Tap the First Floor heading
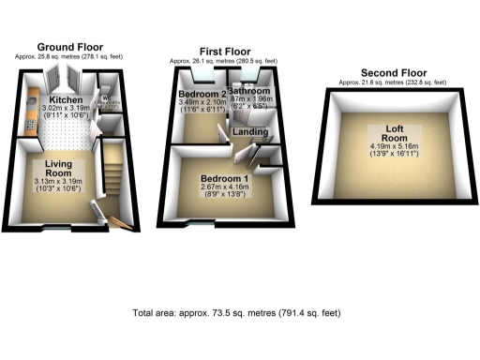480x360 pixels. click(x=223, y=52)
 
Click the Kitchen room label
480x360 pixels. click(x=67, y=99)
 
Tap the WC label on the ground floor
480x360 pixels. click(x=108, y=97)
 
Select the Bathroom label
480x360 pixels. click(x=253, y=93)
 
